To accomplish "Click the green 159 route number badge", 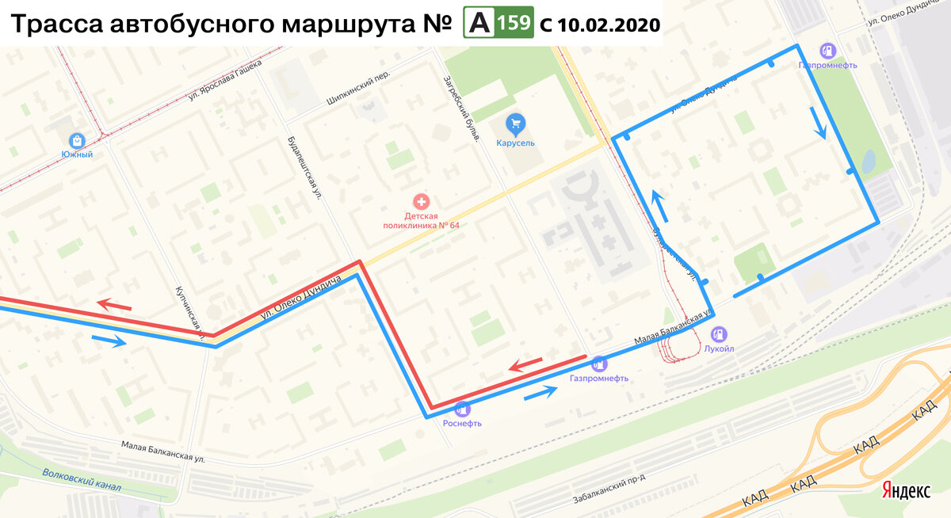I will point(515,24).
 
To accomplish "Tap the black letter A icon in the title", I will point(478,24).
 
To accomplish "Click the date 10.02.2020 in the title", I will point(608,25).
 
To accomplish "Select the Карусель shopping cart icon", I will point(516,124).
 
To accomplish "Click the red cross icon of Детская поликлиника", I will point(422,202).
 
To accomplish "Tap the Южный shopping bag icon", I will point(77,139).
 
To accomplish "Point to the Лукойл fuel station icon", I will point(719,333).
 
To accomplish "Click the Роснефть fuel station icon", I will point(462,409).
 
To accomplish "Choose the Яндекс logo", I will point(907,491).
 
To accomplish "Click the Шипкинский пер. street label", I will point(358,96).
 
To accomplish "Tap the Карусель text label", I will point(516,143).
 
